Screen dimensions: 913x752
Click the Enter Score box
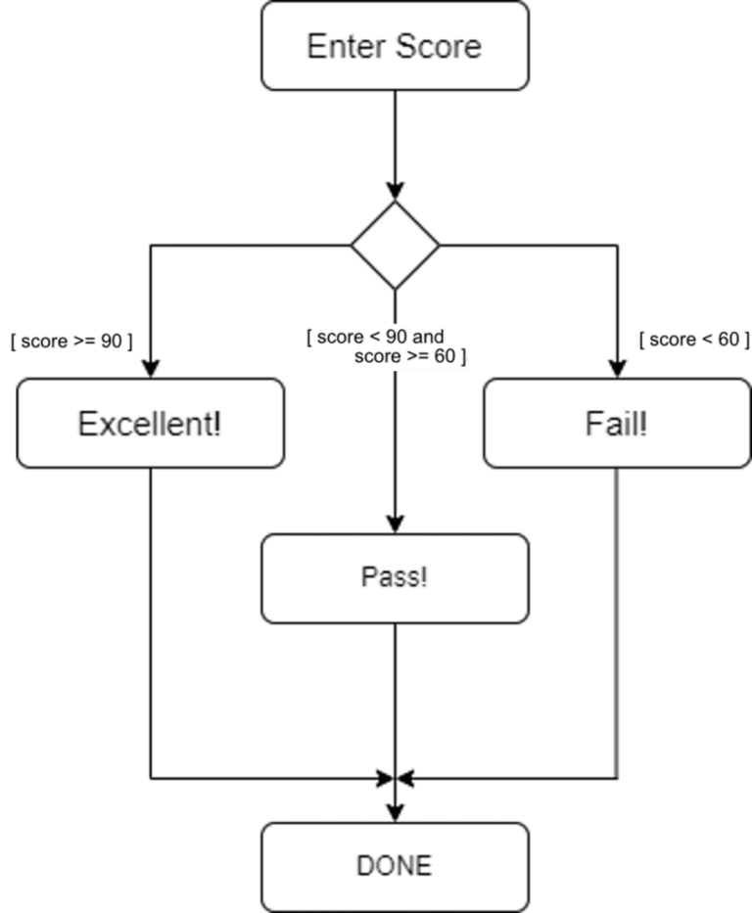point(395,46)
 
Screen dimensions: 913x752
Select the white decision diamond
point(395,246)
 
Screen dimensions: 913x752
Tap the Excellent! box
point(150,424)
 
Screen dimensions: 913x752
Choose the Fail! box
point(617,424)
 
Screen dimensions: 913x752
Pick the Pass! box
point(395,577)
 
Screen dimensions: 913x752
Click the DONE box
point(395,866)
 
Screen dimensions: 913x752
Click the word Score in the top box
point(439,46)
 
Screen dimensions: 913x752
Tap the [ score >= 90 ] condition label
point(70,342)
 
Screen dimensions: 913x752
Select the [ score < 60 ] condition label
point(693,340)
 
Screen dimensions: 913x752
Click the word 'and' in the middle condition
point(428,337)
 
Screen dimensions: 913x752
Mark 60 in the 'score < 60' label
point(728,340)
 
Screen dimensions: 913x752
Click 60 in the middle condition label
point(445,356)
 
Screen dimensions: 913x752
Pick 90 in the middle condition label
point(397,337)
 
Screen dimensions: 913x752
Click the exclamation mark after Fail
point(643,424)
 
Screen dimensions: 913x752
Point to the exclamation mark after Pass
point(424,577)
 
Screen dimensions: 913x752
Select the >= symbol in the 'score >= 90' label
point(83,342)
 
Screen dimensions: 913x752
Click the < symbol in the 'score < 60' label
point(707,340)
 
